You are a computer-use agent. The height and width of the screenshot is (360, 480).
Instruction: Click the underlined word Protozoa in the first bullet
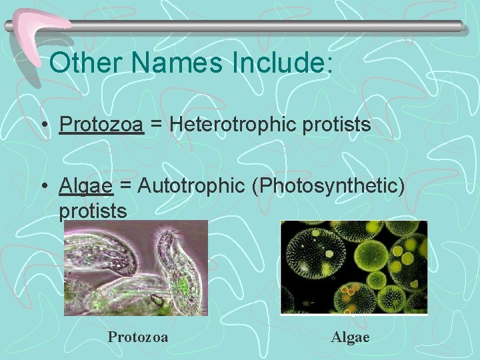(x=101, y=124)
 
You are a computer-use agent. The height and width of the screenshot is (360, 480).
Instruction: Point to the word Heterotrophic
(x=234, y=124)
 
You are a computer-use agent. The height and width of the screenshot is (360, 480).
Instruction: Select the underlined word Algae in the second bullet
(x=86, y=186)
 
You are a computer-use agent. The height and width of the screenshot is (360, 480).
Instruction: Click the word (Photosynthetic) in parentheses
(x=328, y=187)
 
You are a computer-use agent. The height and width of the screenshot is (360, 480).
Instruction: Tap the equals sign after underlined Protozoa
(x=157, y=125)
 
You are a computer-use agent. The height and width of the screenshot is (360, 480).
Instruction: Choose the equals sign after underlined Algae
(x=125, y=187)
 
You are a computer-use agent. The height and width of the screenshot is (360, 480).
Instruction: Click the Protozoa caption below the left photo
(x=138, y=337)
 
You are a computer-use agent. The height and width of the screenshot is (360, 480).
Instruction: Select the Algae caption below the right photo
(x=350, y=337)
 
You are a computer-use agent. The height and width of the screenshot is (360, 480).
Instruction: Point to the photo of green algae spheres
(x=353, y=267)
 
